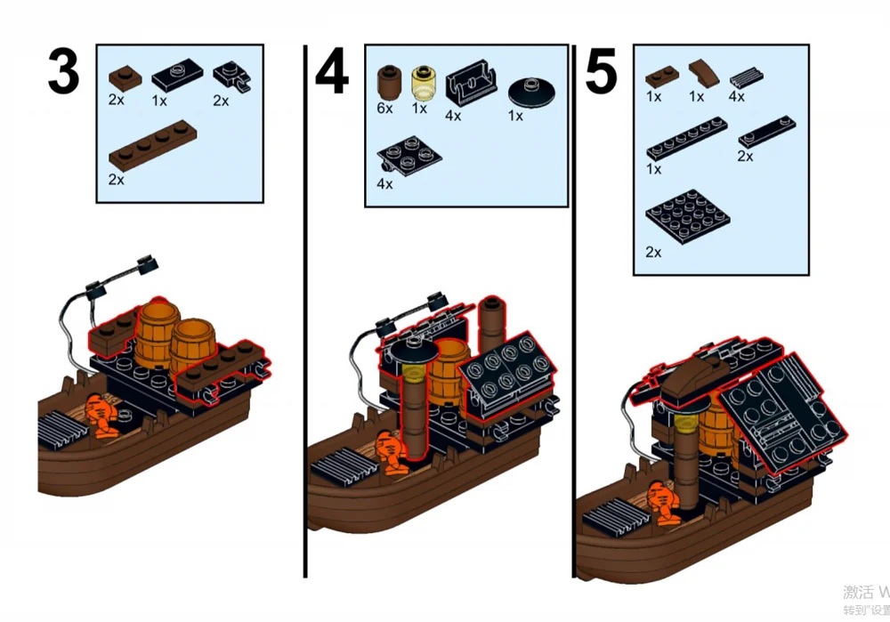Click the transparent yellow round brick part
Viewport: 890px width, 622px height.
tap(421, 82)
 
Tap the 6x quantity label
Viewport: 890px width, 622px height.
tap(384, 108)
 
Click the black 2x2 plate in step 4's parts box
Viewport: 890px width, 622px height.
tap(409, 155)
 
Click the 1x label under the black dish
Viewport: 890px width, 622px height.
tap(514, 116)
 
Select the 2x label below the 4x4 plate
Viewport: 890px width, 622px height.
tap(653, 252)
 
